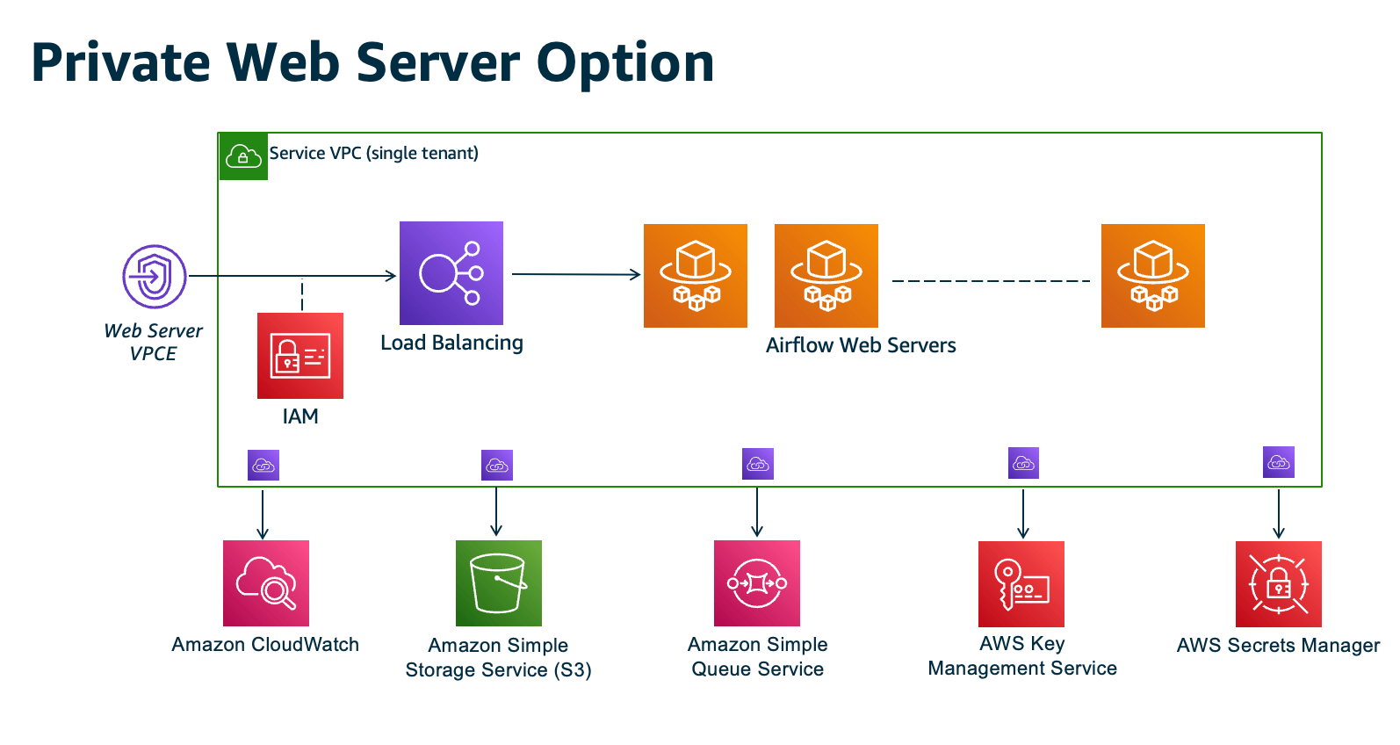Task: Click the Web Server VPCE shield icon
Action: tap(155, 277)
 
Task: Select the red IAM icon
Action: tap(300, 356)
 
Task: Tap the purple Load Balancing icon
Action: tap(451, 273)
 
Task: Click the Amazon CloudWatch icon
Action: tap(266, 583)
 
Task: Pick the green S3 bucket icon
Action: tap(499, 583)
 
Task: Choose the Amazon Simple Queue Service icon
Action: tap(757, 583)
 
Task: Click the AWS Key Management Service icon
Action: tap(1021, 584)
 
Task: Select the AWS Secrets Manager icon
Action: tap(1279, 584)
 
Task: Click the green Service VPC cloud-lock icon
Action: tap(243, 157)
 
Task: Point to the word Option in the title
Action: tap(625, 63)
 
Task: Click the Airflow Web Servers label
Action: tap(861, 345)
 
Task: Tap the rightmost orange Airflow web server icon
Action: tap(1153, 276)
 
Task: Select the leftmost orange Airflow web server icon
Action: tap(696, 276)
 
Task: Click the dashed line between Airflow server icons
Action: tap(991, 281)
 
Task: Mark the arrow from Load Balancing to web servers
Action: tap(576, 274)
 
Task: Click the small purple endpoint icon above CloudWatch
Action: tap(263, 466)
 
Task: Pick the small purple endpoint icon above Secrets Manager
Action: tap(1279, 462)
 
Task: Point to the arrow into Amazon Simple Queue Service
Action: tap(757, 511)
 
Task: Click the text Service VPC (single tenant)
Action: tap(374, 153)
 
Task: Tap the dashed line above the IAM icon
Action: tap(302, 295)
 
